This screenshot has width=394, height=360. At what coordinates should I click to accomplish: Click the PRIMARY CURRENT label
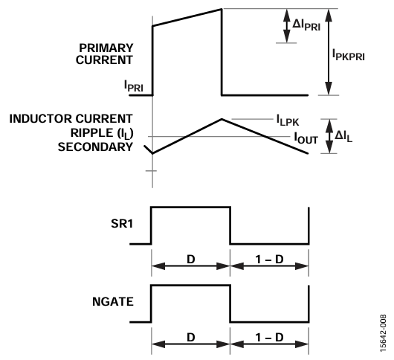[x=104, y=54]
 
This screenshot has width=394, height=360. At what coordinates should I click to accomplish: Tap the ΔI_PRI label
[x=306, y=25]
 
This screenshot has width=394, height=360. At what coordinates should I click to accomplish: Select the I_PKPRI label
[x=348, y=54]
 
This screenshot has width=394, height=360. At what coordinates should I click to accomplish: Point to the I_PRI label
[x=134, y=86]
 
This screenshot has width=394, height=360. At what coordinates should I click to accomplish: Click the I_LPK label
[x=288, y=120]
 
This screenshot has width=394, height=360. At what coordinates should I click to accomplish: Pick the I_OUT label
[x=306, y=138]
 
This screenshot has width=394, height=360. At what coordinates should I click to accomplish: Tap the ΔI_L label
[x=343, y=137]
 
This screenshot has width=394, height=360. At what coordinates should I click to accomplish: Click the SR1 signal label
[x=122, y=223]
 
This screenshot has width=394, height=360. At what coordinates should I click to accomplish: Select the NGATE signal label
[x=113, y=302]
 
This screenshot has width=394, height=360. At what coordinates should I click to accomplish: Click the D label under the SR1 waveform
[x=191, y=259]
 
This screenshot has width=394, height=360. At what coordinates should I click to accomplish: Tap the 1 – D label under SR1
[x=269, y=259]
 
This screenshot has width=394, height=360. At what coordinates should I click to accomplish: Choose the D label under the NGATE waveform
[x=191, y=337]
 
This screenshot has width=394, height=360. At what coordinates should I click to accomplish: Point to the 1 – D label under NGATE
[x=269, y=337]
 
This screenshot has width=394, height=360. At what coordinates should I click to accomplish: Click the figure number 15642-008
[x=383, y=333]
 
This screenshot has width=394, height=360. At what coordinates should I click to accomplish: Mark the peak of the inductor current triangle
[x=222, y=119]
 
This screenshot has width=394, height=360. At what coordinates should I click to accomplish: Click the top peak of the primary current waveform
[x=222, y=10]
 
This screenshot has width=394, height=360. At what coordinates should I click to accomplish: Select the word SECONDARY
[x=95, y=147]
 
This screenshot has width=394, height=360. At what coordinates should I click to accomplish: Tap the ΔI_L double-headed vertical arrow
[x=329, y=136]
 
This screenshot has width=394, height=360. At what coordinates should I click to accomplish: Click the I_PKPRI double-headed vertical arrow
[x=329, y=52]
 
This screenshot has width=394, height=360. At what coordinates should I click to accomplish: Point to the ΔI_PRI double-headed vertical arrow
[x=287, y=26]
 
